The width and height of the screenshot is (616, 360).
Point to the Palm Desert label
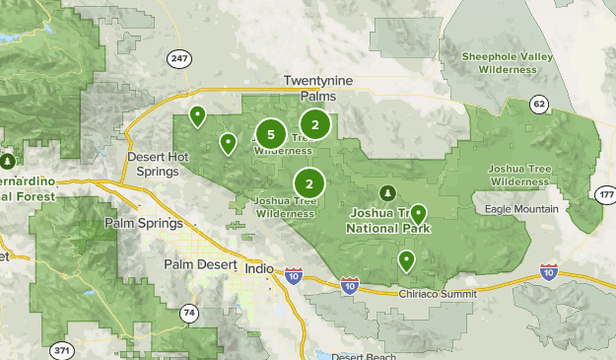click(200, 265)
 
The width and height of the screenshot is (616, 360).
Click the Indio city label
click(257, 265)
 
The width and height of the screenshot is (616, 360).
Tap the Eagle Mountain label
click(521, 209)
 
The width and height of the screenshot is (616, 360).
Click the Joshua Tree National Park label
click(389, 221)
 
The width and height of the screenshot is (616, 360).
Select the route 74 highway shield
click(188, 314)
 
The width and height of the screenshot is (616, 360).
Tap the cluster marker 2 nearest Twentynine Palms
click(314, 124)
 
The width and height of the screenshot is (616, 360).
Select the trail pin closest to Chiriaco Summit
click(406, 260)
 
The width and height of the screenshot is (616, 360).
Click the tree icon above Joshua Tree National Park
click(386, 191)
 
